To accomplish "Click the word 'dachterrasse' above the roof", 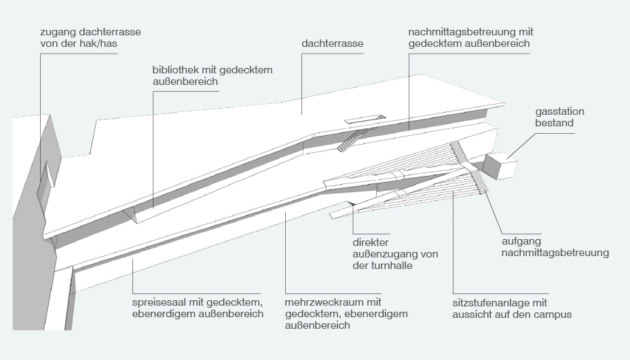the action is [332, 43].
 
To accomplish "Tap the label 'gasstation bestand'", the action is [559, 117].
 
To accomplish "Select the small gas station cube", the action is [500, 165].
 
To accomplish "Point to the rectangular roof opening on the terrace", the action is [365, 118].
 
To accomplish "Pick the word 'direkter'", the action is [371, 242].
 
